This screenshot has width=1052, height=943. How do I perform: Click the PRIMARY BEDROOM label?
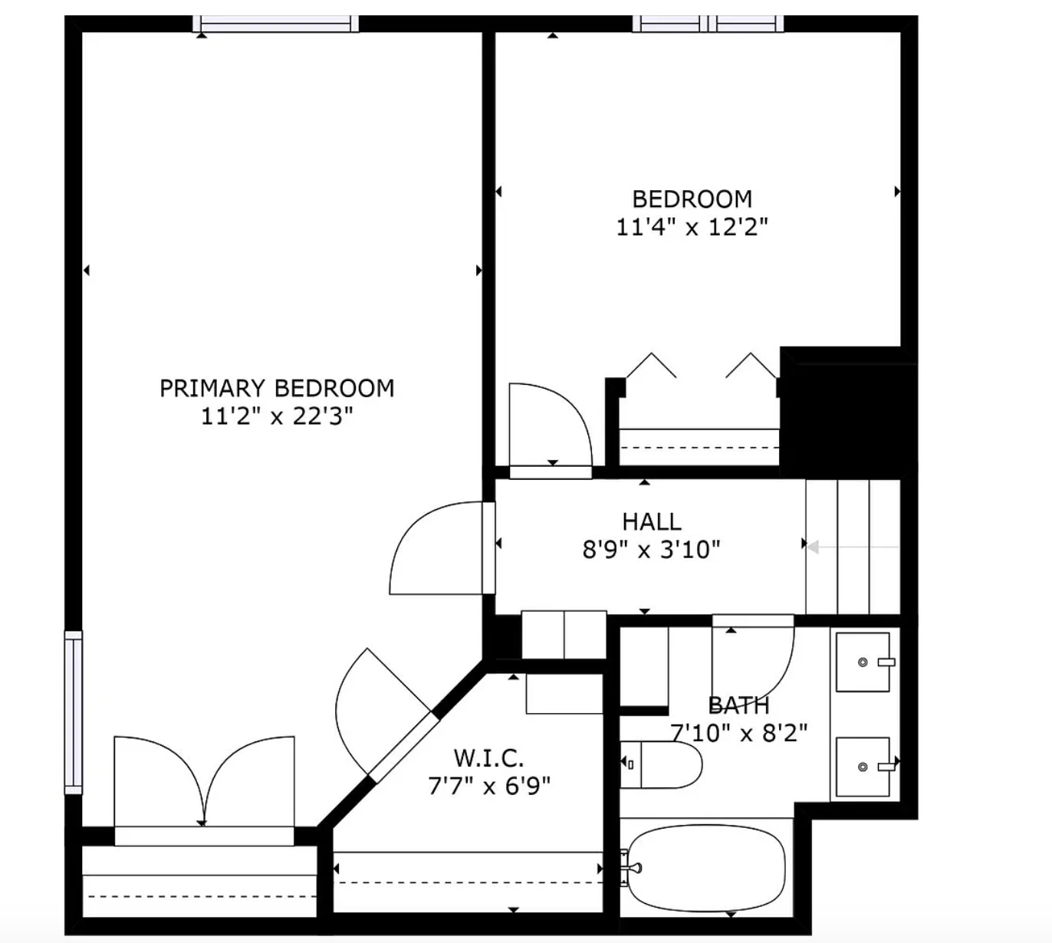(277, 388)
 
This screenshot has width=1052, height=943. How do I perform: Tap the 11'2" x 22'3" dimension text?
(277, 416)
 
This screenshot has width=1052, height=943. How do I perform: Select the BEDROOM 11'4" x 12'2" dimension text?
(692, 227)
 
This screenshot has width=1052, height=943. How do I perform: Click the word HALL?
(651, 521)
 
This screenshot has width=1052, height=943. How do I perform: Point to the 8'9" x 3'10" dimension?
(651, 550)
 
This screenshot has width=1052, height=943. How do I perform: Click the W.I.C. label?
(489, 757)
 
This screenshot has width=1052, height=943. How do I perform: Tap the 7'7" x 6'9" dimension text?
(489, 786)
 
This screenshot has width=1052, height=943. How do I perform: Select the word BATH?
(738, 705)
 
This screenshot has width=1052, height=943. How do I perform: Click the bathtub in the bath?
(705, 868)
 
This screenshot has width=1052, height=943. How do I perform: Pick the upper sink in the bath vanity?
(863, 662)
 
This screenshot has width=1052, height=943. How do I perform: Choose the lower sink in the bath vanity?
(863, 767)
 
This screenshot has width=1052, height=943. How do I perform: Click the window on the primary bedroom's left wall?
(73, 712)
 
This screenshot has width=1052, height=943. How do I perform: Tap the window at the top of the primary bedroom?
(276, 25)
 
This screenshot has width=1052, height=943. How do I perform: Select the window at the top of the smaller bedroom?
(708, 25)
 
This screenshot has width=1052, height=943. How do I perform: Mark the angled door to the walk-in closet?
(383, 713)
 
